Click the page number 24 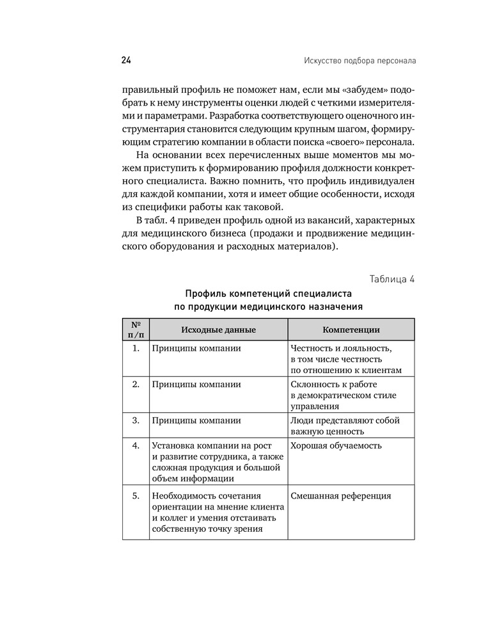point(125,61)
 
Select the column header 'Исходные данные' point(218,330)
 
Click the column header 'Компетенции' point(351,330)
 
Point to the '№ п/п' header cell point(136,330)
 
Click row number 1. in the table point(136,349)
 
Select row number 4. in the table point(136,445)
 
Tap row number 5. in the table point(136,496)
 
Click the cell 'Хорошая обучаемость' point(336,445)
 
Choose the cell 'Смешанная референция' point(340,496)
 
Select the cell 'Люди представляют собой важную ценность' point(345,426)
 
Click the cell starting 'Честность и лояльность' point(346,359)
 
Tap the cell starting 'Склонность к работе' point(343,395)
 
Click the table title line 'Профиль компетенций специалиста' point(268,294)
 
